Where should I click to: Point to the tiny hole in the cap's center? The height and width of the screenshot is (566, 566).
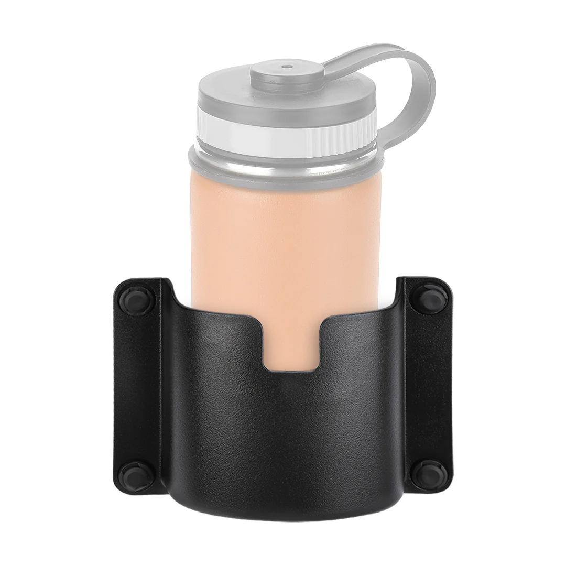(x=286, y=67)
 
